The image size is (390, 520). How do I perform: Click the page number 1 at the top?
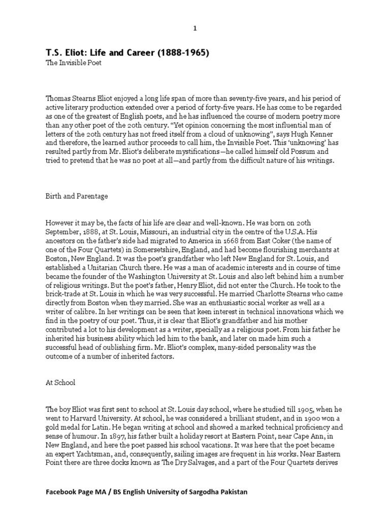(194, 28)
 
